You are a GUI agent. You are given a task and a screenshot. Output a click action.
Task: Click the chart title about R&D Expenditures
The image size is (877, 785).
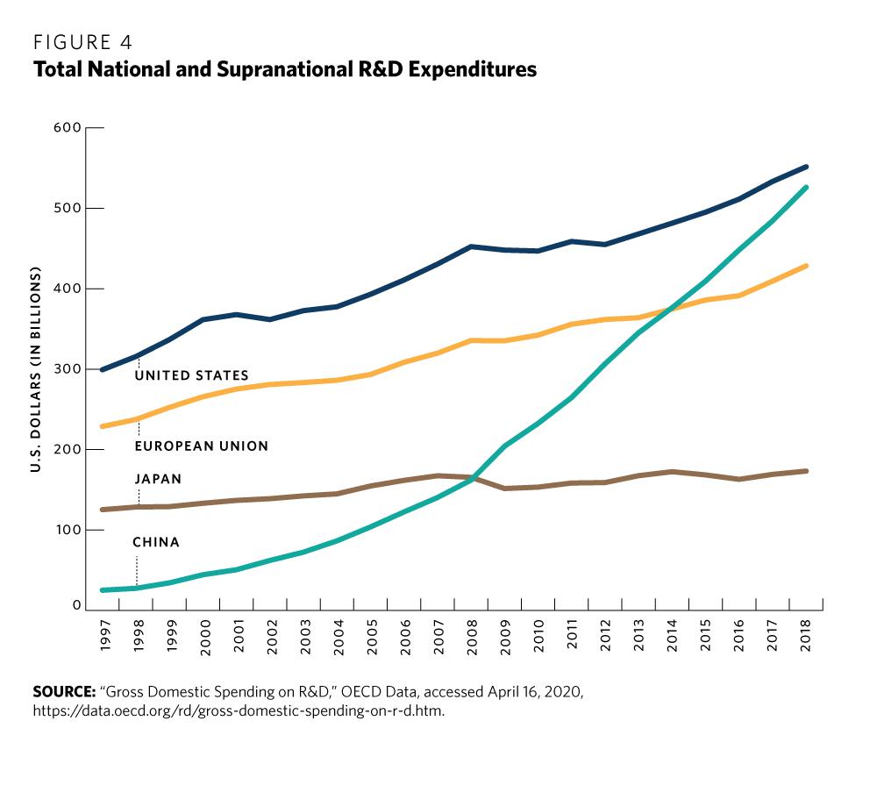point(285,70)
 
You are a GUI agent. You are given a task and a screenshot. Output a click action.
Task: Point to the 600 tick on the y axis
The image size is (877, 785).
point(69,128)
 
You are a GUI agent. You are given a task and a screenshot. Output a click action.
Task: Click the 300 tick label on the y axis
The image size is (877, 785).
point(69,369)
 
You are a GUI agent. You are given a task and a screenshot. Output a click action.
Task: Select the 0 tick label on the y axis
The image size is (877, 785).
point(77,606)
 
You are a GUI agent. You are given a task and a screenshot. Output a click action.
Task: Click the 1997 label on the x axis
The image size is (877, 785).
point(104,634)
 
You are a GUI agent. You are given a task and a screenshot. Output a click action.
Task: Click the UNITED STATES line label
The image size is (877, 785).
point(191,375)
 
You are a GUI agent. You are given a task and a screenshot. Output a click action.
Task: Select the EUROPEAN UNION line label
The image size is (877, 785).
point(201,446)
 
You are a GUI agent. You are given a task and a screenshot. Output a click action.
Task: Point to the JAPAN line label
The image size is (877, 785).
point(158,480)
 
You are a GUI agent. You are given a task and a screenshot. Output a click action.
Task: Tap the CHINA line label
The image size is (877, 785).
point(156,543)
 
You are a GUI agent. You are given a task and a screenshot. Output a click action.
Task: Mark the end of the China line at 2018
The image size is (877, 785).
point(805,188)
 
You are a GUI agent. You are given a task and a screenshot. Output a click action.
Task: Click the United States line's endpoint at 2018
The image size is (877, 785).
point(805,167)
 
